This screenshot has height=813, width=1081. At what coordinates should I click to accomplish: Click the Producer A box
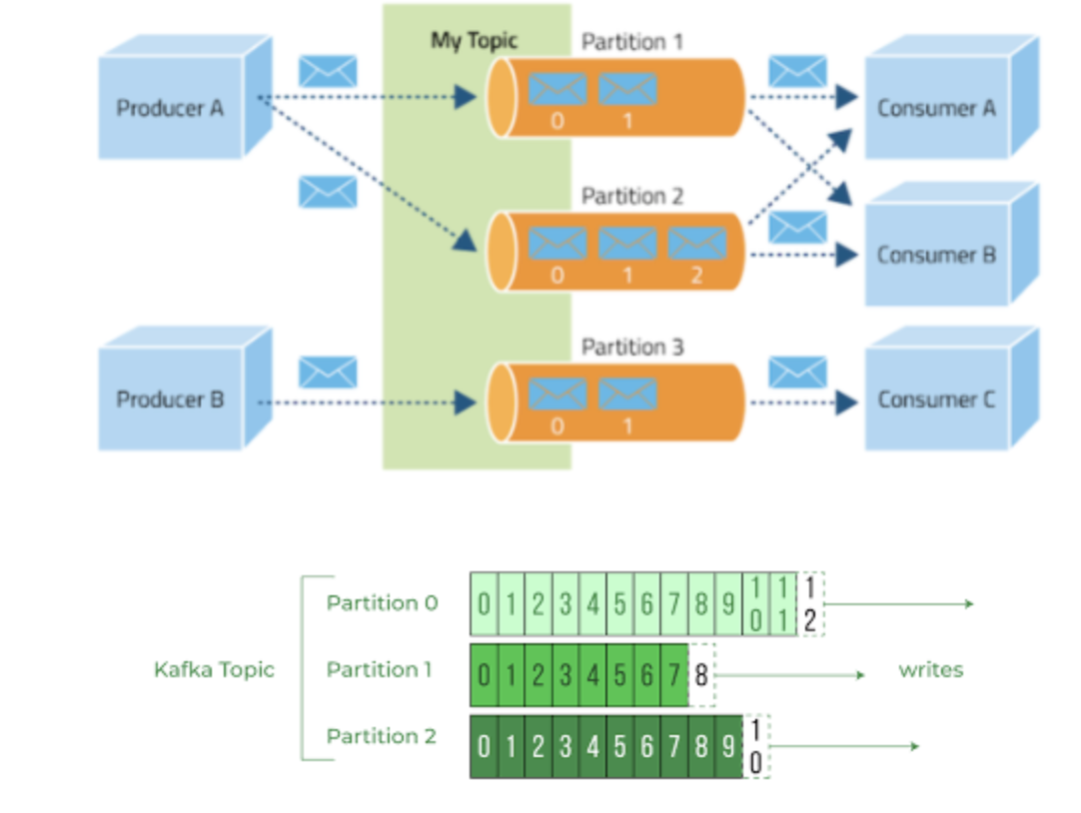click(171, 107)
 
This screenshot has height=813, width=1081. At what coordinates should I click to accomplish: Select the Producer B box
click(171, 400)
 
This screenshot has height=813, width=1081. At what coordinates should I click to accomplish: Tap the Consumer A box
click(936, 108)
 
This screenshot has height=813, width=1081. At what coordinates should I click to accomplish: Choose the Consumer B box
click(936, 255)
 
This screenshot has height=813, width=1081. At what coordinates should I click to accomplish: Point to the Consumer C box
click(936, 400)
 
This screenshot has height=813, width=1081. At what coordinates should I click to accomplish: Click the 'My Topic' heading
click(475, 41)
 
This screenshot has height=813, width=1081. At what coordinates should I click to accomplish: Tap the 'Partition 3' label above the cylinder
click(632, 348)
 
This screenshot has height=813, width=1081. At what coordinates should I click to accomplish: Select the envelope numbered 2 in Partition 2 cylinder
click(697, 244)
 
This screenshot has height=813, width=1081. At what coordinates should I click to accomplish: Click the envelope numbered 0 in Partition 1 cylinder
click(557, 90)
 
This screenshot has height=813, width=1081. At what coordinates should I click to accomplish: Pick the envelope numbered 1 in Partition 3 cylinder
click(627, 394)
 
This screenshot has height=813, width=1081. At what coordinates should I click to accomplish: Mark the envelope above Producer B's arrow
click(328, 373)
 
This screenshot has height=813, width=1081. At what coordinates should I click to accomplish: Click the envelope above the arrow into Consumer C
click(797, 373)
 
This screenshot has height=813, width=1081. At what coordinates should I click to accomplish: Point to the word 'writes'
click(931, 669)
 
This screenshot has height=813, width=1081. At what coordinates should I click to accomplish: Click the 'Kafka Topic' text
click(214, 669)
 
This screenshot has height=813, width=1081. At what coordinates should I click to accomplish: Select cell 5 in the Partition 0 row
click(619, 604)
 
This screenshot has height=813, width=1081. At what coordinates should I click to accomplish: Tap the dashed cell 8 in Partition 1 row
click(702, 676)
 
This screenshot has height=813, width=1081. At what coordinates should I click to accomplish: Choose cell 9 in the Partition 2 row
click(729, 747)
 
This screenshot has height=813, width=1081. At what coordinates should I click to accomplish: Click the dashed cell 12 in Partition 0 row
click(810, 604)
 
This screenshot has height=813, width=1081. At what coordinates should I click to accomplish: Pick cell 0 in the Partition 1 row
click(484, 676)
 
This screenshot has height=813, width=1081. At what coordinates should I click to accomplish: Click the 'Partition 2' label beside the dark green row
click(381, 736)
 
